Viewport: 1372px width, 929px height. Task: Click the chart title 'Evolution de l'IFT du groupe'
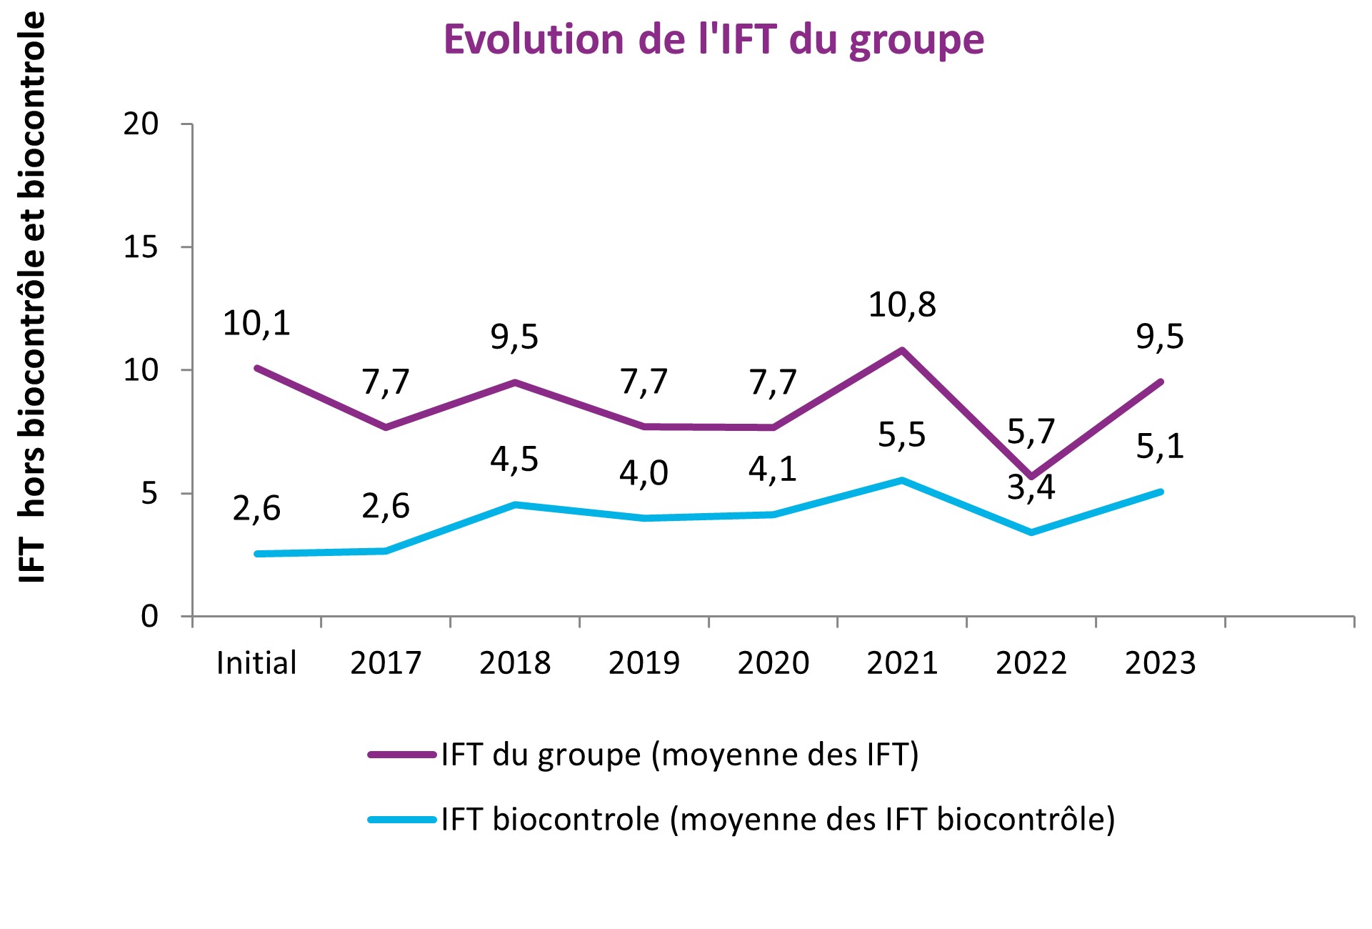[x=713, y=39]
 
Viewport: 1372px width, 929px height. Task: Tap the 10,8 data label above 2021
[x=902, y=305]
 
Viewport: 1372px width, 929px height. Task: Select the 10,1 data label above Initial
[x=256, y=324]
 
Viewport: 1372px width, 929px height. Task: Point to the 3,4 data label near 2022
[x=1031, y=488]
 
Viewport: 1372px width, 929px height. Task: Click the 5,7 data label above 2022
[x=1031, y=432]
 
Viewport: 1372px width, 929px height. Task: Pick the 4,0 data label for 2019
[x=644, y=473]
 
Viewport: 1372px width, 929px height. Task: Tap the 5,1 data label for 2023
[x=1160, y=447]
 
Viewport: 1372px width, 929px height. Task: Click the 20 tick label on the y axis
[x=141, y=124]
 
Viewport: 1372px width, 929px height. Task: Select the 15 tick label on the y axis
[x=141, y=247]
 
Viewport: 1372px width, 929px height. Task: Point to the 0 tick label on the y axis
[x=149, y=616]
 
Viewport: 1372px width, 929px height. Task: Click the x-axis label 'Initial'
[x=256, y=663]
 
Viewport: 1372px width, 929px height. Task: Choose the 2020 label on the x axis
[x=773, y=663]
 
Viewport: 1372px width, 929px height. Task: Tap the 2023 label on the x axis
[x=1160, y=663]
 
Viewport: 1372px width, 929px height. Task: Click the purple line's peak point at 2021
[x=902, y=350]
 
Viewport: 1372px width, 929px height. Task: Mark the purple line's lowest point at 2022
[x=1031, y=476]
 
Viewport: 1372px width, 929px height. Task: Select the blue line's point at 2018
[x=515, y=505]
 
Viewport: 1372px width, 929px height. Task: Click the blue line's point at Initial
[x=257, y=554]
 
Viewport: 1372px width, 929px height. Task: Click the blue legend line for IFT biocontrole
[x=402, y=820]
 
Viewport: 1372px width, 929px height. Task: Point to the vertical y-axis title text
[x=31, y=297]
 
